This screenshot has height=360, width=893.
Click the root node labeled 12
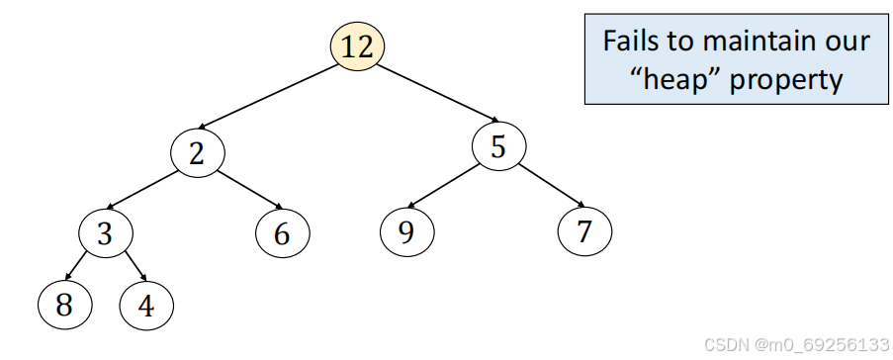coord(357,46)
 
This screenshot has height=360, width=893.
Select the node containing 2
coord(198,152)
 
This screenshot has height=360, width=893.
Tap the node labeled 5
coord(498,147)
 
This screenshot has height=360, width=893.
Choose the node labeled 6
coord(282,233)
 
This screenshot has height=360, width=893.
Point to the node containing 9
coord(406,231)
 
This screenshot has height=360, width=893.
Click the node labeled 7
coord(584,231)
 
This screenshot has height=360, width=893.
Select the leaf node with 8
coord(64,305)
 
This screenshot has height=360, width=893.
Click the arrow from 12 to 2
coord(267,96)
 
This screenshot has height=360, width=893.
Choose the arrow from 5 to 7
coord(545,186)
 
